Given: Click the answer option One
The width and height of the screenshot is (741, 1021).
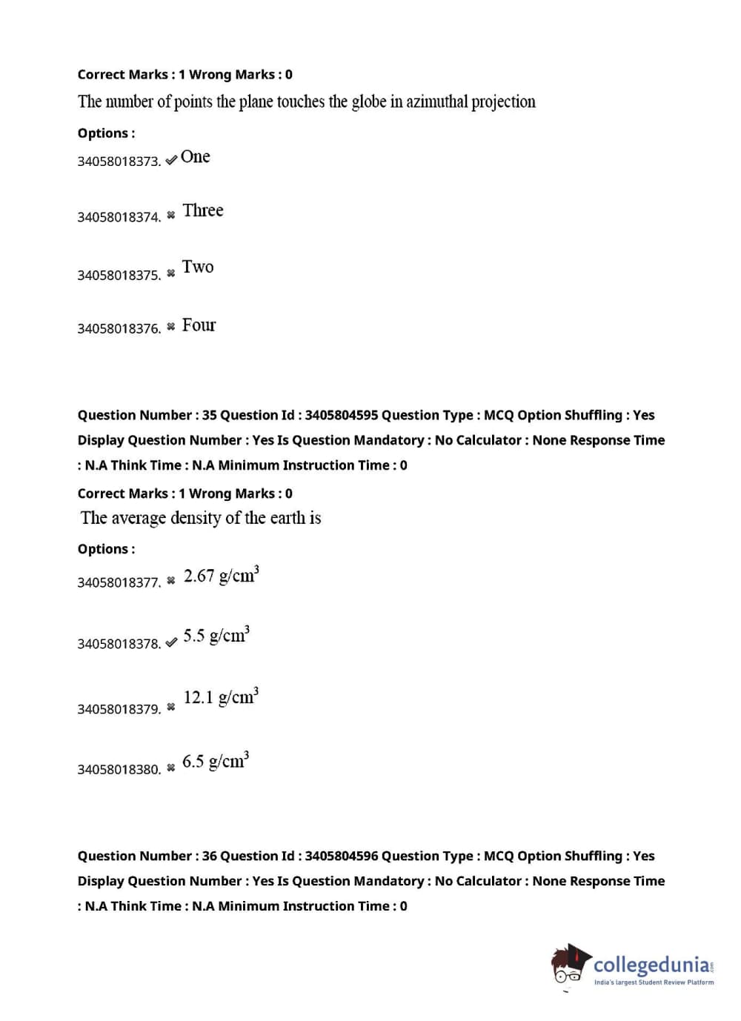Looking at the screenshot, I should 195,157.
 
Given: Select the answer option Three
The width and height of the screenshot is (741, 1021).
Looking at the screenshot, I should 202,211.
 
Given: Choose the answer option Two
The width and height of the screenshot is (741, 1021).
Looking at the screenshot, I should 198,267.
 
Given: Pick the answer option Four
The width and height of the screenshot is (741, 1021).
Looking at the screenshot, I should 199,325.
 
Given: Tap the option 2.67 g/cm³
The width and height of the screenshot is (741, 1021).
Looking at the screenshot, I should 221,576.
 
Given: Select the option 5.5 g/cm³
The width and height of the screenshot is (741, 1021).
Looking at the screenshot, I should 216,636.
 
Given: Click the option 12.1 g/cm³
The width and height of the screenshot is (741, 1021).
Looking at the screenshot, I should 221,697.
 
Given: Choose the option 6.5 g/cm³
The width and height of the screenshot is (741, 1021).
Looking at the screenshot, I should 215,761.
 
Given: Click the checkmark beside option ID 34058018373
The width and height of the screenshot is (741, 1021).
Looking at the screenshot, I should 171,159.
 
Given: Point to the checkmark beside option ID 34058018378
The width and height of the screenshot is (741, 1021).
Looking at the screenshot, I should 171,642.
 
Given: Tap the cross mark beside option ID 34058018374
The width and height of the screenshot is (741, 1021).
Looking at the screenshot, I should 171,215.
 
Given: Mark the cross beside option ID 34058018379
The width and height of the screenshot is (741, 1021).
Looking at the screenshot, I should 171,707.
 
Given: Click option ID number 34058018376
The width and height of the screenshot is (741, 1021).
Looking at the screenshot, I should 119,328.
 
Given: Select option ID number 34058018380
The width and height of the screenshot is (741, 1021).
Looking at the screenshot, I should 119,769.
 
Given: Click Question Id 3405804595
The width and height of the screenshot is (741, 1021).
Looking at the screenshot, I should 341,415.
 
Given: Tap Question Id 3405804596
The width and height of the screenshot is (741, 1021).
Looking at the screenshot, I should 341,856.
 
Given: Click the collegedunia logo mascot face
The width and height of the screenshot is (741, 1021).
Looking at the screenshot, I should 569,965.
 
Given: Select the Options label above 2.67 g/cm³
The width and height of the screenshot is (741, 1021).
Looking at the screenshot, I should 106,549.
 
